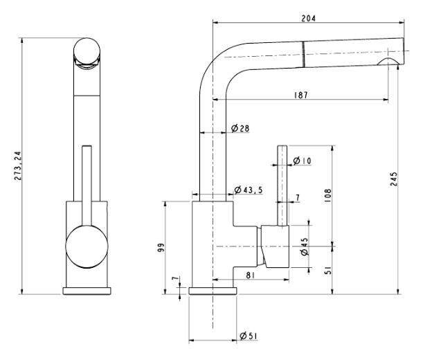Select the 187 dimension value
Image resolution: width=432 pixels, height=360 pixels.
(x=300, y=95)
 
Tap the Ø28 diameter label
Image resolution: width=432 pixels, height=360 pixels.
(x=240, y=129)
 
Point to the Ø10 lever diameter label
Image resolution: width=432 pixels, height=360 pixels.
(x=302, y=161)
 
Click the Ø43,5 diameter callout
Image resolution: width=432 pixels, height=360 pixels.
(x=249, y=190)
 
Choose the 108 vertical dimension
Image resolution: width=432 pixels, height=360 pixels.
(x=327, y=197)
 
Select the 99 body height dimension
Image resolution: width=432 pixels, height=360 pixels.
(x=159, y=246)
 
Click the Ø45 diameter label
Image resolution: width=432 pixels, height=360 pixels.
(x=305, y=246)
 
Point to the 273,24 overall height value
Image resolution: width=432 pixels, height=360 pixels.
(x=18, y=166)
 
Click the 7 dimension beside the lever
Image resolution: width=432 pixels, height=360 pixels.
(x=297, y=198)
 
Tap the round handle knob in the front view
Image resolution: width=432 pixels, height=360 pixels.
(x=87, y=246)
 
